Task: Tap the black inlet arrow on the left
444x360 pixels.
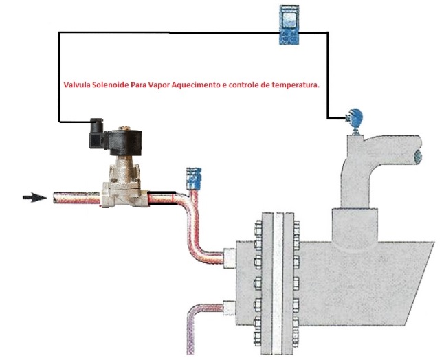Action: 34,198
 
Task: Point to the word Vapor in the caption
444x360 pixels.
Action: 170,87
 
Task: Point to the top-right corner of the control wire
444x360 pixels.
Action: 329,32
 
